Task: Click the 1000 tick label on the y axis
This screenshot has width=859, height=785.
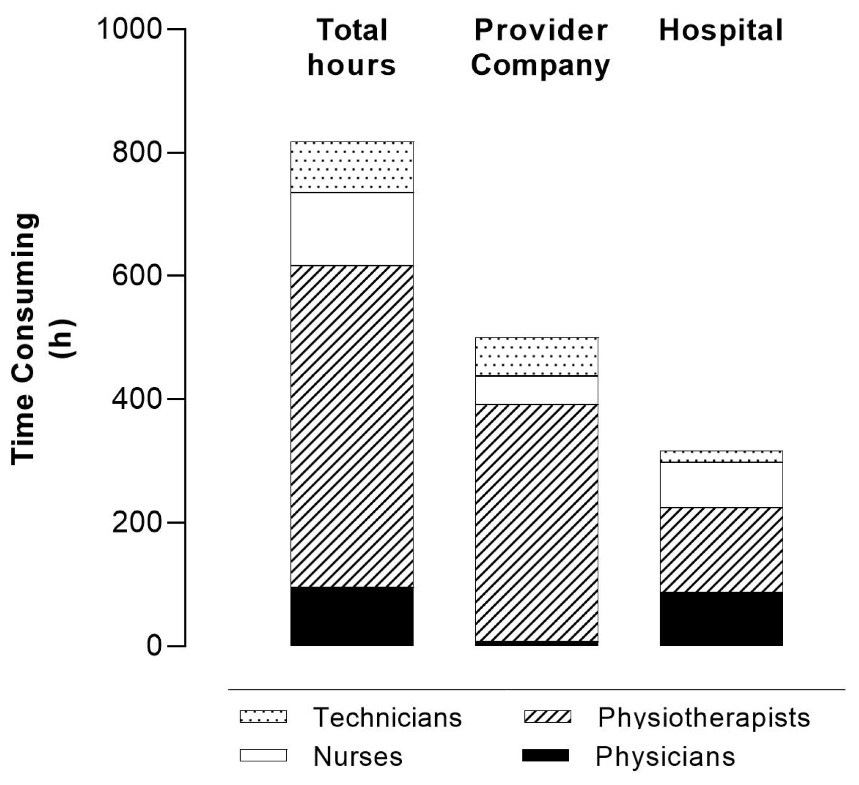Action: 130,29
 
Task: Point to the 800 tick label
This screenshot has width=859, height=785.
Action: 137,152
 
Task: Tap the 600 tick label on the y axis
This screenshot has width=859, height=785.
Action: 137,276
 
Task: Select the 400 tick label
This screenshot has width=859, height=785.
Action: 137,399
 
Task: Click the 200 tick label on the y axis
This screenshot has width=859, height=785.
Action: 137,522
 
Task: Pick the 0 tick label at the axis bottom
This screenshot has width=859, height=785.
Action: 153,645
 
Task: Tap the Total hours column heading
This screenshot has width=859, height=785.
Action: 352,48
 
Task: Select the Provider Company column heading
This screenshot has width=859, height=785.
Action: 541,48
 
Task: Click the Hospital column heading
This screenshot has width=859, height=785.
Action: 721,30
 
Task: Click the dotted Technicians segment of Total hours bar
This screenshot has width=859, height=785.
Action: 352,167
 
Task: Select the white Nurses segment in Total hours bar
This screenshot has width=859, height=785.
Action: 352,229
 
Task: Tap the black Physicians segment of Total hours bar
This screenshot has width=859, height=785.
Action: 352,616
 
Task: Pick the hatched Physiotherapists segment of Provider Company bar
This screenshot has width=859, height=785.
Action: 536,522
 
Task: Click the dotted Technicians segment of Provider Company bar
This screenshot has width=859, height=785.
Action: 536,357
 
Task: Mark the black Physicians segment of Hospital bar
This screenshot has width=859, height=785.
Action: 721,618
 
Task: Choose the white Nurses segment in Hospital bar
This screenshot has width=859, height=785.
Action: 721,485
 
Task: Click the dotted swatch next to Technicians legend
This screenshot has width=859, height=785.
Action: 263,716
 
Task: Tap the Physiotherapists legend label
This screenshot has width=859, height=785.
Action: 703,717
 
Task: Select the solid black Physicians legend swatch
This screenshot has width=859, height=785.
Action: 546,755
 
